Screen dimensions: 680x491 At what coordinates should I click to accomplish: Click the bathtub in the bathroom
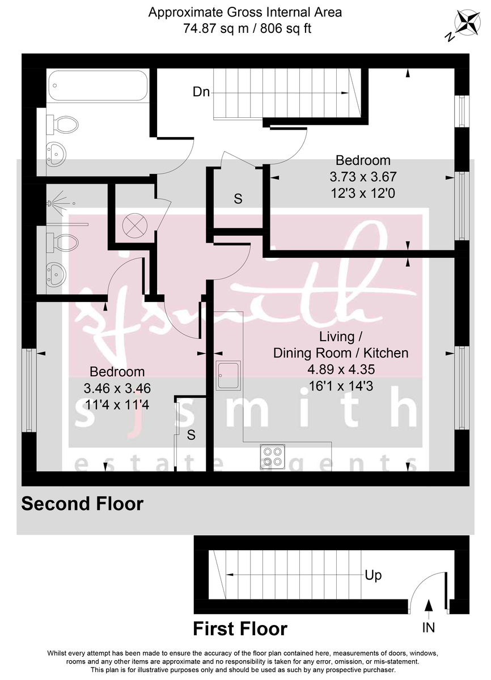pyautogui.click(x=98, y=86)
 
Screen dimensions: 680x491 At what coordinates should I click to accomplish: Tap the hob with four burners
pyautogui.click(x=272, y=456)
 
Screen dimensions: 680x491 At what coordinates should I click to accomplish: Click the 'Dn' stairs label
pyautogui.click(x=201, y=92)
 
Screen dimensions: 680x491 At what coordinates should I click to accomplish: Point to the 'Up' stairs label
pyautogui.click(x=373, y=576)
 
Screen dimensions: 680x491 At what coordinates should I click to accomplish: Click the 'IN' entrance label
pyautogui.click(x=429, y=627)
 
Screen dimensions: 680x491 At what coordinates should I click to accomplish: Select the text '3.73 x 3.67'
pyautogui.click(x=363, y=177)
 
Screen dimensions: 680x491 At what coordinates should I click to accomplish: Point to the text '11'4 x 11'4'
pyautogui.click(x=117, y=406)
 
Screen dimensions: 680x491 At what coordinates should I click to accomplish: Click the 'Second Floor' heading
pyautogui.click(x=83, y=503)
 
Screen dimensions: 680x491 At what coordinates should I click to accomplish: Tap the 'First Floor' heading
pyautogui.click(x=240, y=628)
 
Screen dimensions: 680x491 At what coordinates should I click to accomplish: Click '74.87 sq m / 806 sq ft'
pyautogui.click(x=246, y=28)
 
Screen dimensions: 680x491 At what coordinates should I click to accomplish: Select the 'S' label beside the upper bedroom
pyautogui.click(x=238, y=199)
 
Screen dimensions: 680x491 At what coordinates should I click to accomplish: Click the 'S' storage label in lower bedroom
pyautogui.click(x=192, y=435)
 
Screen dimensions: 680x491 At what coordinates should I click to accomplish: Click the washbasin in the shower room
pyautogui.click(x=55, y=274)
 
